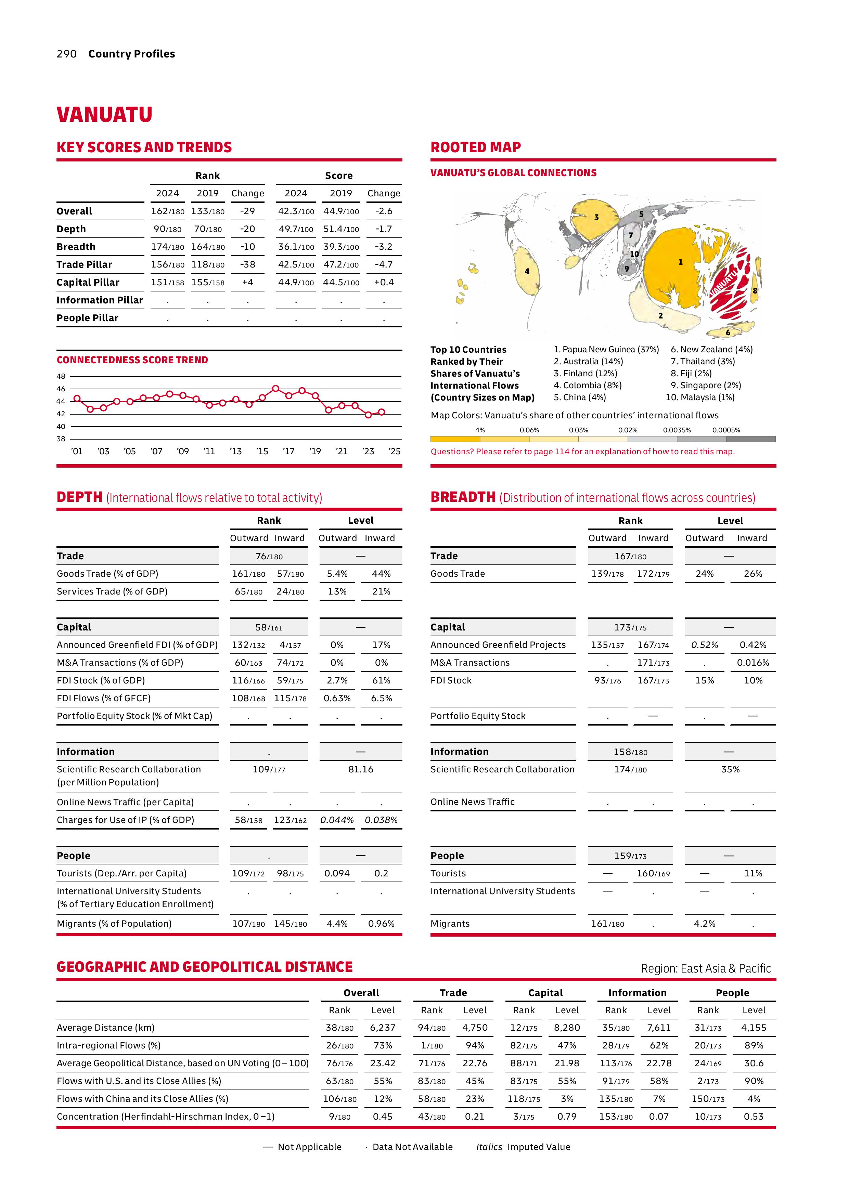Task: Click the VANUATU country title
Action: (105, 115)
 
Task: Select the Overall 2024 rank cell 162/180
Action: (167, 211)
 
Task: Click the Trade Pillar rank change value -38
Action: (247, 264)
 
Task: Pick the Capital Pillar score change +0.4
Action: (383, 282)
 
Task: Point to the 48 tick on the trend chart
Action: (61, 376)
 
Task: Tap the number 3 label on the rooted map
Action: (596, 217)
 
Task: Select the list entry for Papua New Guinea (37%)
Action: (606, 350)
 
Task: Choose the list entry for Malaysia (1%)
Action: (700, 397)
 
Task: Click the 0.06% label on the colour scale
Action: (529, 430)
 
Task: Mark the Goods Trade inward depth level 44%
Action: (381, 574)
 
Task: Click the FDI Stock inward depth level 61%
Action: (381, 680)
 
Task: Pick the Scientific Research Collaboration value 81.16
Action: (361, 769)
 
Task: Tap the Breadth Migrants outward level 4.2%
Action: (704, 924)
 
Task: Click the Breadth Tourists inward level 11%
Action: (753, 873)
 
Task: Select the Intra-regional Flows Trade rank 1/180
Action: (432, 1045)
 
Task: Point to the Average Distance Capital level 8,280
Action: (567, 1028)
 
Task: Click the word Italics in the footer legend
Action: (489, 1147)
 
